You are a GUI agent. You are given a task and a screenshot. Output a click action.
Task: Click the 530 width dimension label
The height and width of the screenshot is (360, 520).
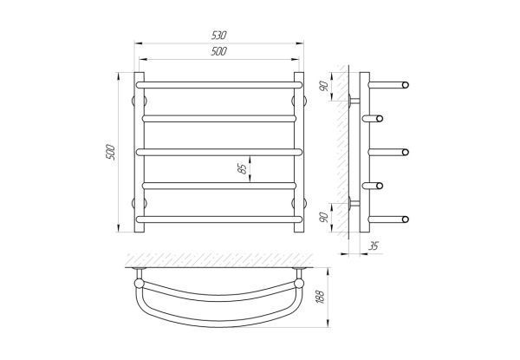219,36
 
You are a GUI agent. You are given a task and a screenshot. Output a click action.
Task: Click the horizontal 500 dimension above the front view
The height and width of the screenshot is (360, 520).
219,51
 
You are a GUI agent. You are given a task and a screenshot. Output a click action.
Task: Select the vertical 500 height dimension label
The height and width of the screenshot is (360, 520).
111,153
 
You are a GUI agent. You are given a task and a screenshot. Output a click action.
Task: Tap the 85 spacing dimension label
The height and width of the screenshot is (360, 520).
243,169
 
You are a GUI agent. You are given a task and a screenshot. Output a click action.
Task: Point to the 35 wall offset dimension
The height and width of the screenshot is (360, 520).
374,246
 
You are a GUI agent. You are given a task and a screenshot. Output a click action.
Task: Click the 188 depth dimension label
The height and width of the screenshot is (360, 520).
321,297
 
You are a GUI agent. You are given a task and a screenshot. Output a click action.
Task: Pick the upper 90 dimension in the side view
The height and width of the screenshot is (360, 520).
324,86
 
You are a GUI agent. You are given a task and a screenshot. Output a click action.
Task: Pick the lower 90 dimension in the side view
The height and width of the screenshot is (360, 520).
324,218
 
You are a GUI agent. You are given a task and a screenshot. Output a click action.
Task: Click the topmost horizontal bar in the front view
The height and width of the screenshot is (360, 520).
219,85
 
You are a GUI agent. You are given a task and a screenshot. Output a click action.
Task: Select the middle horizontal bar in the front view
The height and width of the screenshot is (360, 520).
219,152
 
